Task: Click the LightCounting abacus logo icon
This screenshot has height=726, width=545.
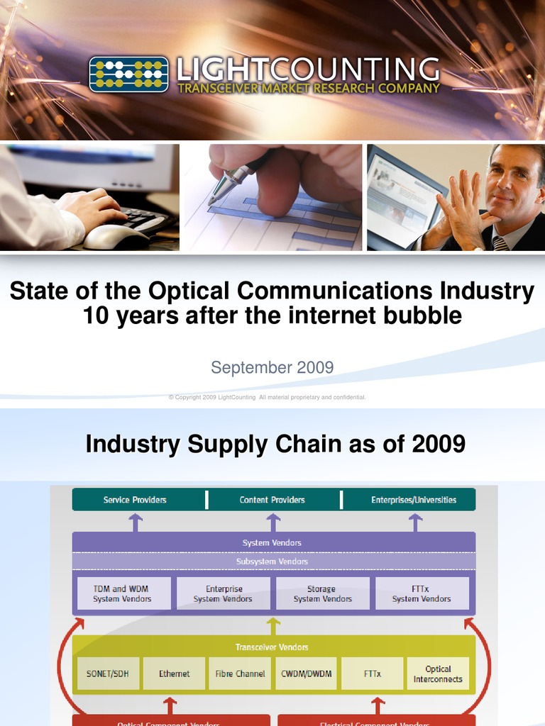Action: pos(128,74)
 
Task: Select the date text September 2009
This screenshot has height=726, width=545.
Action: pos(272,367)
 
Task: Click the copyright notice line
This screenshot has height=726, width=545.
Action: pos(267,397)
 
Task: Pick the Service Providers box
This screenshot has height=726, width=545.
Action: pos(136,500)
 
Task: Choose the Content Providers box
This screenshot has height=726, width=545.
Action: pos(272,500)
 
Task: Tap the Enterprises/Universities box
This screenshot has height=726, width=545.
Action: pos(413,500)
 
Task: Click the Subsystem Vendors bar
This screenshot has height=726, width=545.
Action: pos(272,562)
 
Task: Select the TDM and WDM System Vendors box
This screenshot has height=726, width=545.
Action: pos(123,594)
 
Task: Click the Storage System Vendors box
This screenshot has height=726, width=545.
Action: pos(322,594)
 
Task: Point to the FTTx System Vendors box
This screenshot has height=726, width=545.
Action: pos(422,594)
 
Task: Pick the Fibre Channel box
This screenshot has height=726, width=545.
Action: pos(240,674)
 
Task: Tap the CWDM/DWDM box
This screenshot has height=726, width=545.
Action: pos(306,674)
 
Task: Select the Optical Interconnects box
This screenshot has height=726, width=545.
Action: pos(438,674)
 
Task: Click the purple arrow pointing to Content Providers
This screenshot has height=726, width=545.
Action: pos(273,522)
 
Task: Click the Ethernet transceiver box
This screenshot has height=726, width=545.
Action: pos(174,674)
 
